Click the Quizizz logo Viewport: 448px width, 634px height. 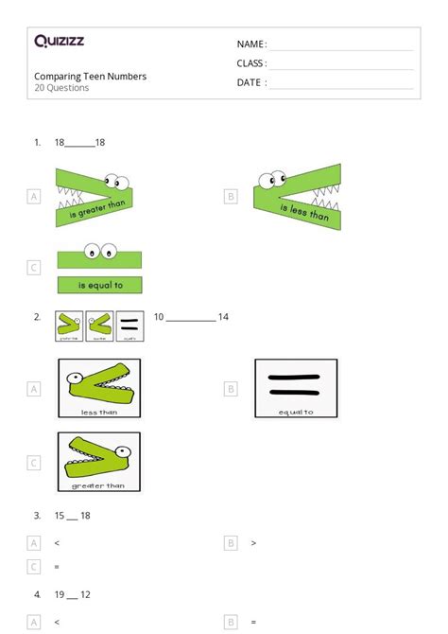[59, 42]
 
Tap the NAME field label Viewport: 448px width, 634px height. [251, 44]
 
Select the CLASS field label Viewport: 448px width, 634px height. [251, 63]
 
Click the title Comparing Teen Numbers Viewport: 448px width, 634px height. [91, 77]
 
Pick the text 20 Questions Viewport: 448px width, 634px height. [62, 88]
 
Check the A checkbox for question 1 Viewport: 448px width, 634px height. [34, 197]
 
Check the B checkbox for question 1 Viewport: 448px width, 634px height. [231, 197]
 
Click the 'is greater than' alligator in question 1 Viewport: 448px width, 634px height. [93, 197]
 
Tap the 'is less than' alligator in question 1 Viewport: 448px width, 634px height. [297, 197]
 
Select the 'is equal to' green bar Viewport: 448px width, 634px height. [98, 285]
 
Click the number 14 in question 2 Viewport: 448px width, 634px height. [223, 317]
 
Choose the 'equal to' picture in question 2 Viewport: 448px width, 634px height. [296, 388]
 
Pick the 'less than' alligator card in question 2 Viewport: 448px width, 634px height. [99, 388]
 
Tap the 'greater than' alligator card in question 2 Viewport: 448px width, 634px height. [99, 462]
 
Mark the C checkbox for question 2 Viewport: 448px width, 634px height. [34, 463]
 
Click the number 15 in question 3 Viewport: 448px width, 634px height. [60, 516]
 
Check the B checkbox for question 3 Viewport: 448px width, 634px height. [231, 543]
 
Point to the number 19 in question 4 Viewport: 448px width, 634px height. [60, 595]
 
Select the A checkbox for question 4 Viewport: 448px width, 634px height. [34, 623]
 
